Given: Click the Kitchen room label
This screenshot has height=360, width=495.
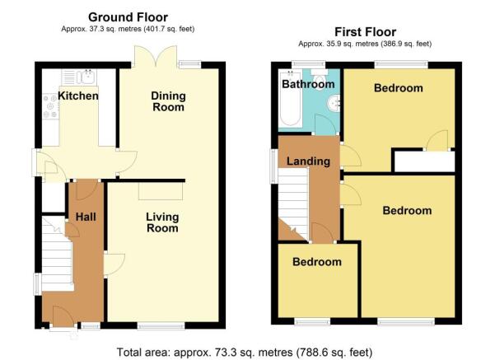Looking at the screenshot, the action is (x=78, y=96).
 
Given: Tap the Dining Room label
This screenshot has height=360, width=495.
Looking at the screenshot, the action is (x=168, y=101).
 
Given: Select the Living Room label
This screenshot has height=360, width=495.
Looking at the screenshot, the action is (x=162, y=222).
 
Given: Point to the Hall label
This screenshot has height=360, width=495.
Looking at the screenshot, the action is (x=86, y=217).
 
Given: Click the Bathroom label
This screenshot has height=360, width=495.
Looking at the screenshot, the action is (x=308, y=84).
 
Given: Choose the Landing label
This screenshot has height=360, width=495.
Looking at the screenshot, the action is (x=308, y=161).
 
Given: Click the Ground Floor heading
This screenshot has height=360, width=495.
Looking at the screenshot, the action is (x=128, y=17).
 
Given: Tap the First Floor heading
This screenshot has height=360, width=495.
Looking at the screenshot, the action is (x=365, y=32).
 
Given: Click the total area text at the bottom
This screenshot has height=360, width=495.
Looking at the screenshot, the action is (x=245, y=352).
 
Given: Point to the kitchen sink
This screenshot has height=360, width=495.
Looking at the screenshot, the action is (x=79, y=77).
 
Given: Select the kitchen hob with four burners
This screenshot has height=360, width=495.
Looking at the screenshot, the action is (x=50, y=106).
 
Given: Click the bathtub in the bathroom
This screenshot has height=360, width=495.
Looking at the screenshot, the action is (x=290, y=99).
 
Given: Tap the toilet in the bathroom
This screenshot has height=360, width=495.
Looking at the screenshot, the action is (x=320, y=77).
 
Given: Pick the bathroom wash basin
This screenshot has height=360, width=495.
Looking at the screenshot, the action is (x=333, y=103).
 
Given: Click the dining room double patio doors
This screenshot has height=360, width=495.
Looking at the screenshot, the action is (x=156, y=57).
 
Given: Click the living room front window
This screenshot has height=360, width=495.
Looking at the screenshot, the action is (x=161, y=325).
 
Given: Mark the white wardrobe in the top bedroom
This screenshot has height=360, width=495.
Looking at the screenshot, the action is (x=425, y=161).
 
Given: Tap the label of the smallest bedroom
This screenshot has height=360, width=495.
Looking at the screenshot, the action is (x=317, y=262).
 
